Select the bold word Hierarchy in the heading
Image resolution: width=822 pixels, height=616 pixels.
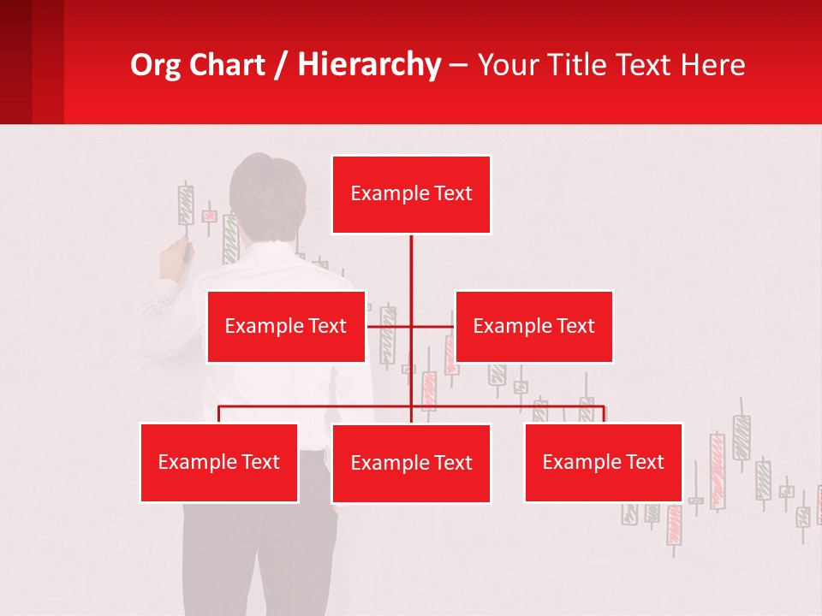[369, 65]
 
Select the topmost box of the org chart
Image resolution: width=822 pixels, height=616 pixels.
[411, 194]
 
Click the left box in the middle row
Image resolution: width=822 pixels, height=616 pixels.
[286, 326]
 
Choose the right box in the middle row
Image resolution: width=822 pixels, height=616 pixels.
[533, 326]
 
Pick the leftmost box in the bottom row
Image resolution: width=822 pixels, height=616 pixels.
[219, 462]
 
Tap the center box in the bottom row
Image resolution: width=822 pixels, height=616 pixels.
[411, 463]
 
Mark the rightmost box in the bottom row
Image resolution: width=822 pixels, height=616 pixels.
[603, 462]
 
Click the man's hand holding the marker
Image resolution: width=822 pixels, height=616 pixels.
[176, 258]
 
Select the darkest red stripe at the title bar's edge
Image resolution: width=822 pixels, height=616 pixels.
[15, 62]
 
